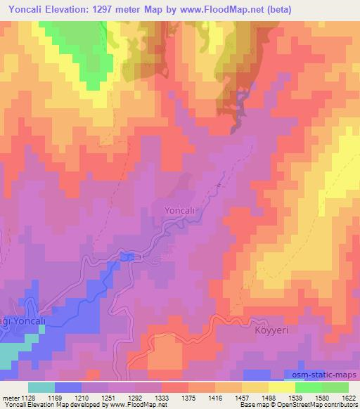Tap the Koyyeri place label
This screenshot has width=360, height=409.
(271, 328)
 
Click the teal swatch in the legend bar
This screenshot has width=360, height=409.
(41, 387)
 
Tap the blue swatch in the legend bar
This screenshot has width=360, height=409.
(68, 387)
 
